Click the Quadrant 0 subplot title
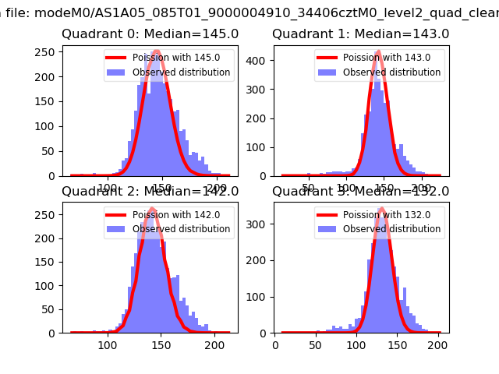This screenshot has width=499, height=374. tap(150, 34)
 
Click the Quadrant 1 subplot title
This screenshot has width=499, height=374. tap(360, 34)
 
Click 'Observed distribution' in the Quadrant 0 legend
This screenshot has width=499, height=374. tap(181, 72)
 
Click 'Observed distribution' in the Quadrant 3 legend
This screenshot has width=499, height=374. tap(391, 230)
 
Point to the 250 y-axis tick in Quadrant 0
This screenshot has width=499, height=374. tap(49, 51)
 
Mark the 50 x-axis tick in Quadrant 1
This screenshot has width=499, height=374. tap(310, 187)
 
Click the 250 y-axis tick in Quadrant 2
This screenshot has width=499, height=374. tap(49, 215)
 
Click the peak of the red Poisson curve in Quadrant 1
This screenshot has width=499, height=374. tap(378, 52)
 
